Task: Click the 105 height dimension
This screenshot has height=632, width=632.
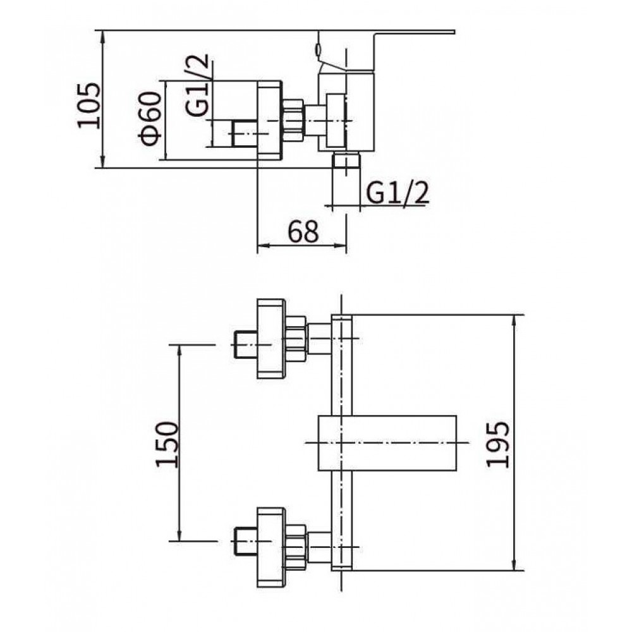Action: click(88, 105)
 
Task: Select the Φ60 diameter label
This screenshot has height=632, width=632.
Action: click(151, 118)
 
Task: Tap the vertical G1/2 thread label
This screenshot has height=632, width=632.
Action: click(197, 85)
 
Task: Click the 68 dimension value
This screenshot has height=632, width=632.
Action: click(303, 231)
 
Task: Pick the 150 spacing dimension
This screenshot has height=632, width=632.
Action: click(166, 444)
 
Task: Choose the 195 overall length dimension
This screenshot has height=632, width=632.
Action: click(498, 444)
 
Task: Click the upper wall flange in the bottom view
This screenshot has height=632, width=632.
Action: click(271, 339)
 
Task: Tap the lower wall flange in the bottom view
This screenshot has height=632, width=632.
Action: click(271, 547)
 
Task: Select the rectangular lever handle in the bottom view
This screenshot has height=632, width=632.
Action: click(387, 442)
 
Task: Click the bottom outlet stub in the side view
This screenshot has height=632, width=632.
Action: click(346, 161)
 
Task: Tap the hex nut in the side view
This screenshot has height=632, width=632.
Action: click(293, 121)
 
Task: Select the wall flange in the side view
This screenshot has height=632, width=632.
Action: click(270, 121)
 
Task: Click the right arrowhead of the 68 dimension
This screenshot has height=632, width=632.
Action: click(343, 245)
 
